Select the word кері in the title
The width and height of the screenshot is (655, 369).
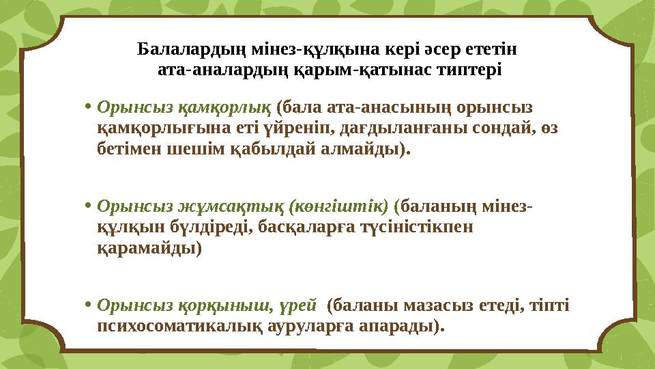pyautogui.click(x=397, y=50)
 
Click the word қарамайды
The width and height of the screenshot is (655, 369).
pyautogui.click(x=150, y=247)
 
